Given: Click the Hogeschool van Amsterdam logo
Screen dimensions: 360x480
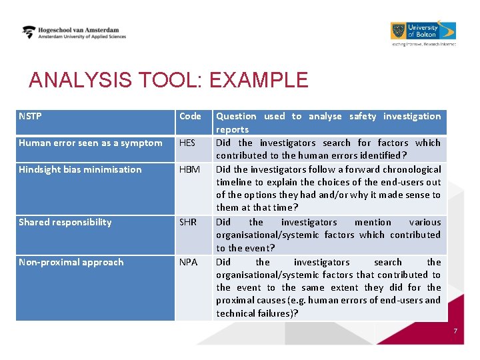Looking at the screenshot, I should [x=73, y=33].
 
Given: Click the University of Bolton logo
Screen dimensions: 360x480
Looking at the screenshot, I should [x=423, y=31].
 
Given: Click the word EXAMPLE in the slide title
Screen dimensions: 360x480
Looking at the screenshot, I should [x=258, y=81].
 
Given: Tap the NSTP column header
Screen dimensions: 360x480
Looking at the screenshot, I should [x=31, y=116].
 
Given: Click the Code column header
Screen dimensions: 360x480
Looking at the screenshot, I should [x=190, y=116].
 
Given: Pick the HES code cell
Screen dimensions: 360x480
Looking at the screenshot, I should [x=187, y=143].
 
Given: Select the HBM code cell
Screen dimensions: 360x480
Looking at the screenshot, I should [x=189, y=169].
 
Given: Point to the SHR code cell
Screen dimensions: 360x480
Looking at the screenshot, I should [x=188, y=222].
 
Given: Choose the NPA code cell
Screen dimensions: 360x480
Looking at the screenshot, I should [x=189, y=262].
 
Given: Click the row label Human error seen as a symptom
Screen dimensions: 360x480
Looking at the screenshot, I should [x=91, y=143].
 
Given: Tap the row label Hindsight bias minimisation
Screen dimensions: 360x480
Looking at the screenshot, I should [x=80, y=169].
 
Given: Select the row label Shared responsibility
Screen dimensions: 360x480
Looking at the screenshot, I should [x=65, y=222].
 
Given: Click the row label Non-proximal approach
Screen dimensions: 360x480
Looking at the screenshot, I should [x=71, y=262].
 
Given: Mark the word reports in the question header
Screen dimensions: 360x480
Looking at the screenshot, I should [x=232, y=129].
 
